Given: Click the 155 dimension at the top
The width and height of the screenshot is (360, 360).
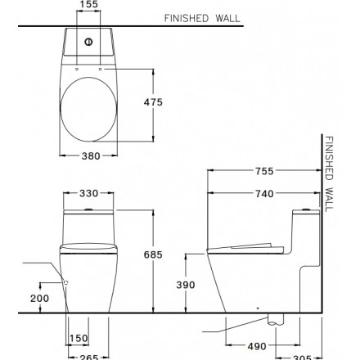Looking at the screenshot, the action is (x=88, y=4).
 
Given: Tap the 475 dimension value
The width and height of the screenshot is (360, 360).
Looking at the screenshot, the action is (x=153, y=102).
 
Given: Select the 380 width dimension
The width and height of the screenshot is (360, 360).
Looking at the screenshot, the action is (x=91, y=156).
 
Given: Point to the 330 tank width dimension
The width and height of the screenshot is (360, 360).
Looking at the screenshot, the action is (x=88, y=193).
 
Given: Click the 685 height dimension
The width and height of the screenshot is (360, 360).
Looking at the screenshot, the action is (x=153, y=254).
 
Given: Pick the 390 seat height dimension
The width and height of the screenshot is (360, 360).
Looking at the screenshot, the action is (x=186, y=285).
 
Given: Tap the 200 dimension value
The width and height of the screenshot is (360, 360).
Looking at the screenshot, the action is (x=40, y=299).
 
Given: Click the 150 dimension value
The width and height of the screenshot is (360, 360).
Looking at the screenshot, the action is (x=79, y=339).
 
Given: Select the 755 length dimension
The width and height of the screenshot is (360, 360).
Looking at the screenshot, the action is (x=264, y=171).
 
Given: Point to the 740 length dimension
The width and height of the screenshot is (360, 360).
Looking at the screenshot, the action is (x=264, y=194).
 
